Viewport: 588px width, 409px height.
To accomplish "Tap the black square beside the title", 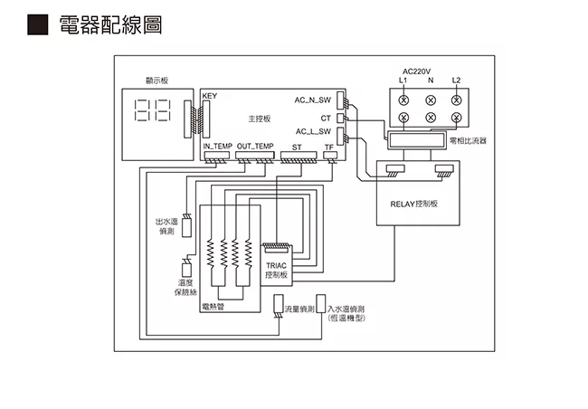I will coord(37,25).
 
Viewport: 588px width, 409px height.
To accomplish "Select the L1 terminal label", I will coord(403,81).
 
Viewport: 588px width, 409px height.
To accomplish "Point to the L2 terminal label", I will coord(456,81).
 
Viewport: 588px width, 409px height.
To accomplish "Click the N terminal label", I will coord(430,81).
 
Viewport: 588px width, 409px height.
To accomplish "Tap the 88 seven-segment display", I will coord(152,111).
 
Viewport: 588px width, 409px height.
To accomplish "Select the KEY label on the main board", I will coord(210,96).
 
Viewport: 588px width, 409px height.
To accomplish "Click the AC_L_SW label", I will coord(313,133).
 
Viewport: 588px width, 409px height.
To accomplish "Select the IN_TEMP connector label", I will coord(217,146).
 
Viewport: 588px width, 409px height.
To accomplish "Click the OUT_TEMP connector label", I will coord(255,146).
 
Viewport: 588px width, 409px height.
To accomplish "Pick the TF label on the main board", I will coord(328,146).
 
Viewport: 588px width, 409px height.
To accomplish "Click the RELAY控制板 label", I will coord(413,204).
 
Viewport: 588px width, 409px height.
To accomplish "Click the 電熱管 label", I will coord(213,306).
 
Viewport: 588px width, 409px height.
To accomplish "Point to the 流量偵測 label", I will coord(299,309).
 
